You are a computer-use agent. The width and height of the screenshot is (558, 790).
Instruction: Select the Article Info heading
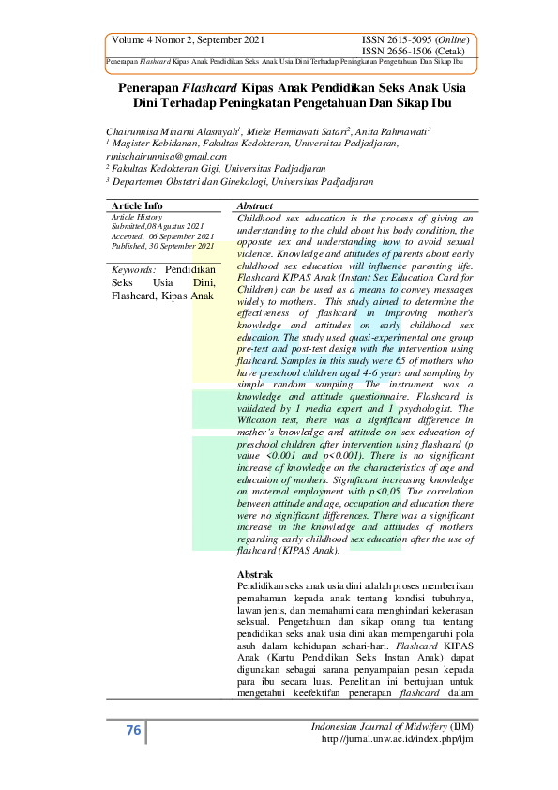(137, 205)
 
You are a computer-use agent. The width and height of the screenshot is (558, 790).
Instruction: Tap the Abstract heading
(255, 205)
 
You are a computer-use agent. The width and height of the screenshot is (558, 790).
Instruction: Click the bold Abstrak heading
(255, 573)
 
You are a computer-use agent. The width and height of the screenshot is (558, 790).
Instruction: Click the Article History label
(136, 217)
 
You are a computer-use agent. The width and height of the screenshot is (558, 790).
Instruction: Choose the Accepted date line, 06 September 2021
(163, 235)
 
